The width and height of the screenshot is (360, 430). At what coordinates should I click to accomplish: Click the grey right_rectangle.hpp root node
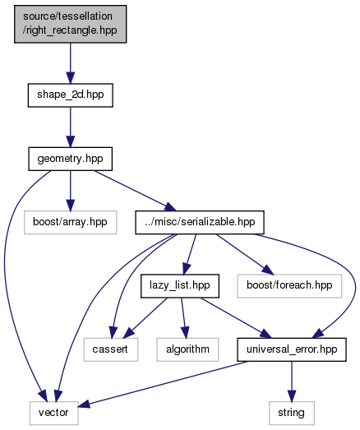pyautogui.click(x=70, y=24)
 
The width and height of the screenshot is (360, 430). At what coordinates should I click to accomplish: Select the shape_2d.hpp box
pyautogui.click(x=70, y=95)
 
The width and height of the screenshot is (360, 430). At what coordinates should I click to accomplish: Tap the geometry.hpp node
pyautogui.click(x=70, y=159)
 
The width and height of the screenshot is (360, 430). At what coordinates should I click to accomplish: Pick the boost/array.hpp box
pyautogui.click(x=70, y=223)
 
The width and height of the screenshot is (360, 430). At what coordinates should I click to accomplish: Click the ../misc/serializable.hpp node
pyautogui.click(x=200, y=223)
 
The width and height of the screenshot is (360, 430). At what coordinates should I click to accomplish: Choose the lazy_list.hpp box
pyautogui.click(x=180, y=286)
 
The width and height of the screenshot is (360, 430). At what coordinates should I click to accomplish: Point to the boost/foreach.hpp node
pyautogui.click(x=289, y=286)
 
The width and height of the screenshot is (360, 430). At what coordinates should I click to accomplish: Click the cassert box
pyautogui.click(x=111, y=349)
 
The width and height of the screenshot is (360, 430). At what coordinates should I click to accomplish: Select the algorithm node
pyautogui.click(x=187, y=349)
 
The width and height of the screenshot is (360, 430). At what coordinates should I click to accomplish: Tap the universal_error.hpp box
pyautogui.click(x=292, y=349)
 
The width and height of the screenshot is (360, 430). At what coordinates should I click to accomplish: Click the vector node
pyautogui.click(x=53, y=413)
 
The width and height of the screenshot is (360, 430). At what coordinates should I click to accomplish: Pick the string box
pyautogui.click(x=292, y=413)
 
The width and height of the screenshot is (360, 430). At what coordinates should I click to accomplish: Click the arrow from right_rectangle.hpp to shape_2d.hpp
pyautogui.click(x=70, y=63)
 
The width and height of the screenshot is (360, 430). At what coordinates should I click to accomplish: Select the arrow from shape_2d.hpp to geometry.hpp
pyautogui.click(x=70, y=127)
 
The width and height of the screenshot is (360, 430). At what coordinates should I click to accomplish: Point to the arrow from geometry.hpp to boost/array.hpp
pyautogui.click(x=70, y=191)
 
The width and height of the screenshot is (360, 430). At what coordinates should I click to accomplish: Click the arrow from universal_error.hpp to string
pyautogui.click(x=292, y=381)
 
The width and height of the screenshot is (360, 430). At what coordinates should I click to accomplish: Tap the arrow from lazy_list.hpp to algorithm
pyautogui.click(x=183, y=318)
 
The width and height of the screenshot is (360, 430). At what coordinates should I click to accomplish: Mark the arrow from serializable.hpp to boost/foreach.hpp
pyautogui.click(x=245, y=254)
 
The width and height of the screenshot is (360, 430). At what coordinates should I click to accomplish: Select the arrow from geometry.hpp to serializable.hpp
pyautogui.click(x=135, y=191)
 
